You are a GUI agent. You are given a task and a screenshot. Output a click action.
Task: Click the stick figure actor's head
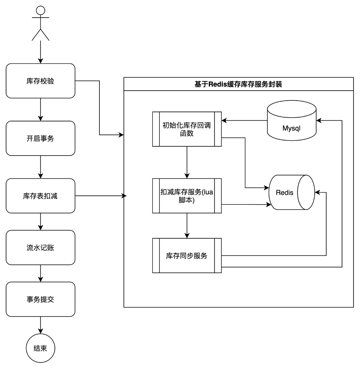(40, 10)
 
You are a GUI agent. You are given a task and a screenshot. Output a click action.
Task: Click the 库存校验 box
(40, 81)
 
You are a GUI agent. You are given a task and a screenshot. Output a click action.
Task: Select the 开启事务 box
(40, 138)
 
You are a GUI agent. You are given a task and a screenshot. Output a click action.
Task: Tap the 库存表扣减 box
(40, 196)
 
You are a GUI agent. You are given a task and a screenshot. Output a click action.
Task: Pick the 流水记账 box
(40, 247)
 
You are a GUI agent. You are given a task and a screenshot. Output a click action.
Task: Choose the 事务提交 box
(40, 299)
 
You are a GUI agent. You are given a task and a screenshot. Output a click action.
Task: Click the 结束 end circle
(40, 348)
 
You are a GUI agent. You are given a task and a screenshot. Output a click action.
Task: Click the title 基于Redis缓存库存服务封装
(239, 84)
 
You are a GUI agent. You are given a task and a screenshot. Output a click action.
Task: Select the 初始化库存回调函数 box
(187, 129)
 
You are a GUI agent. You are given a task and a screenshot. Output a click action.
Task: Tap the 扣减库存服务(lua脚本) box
(187, 196)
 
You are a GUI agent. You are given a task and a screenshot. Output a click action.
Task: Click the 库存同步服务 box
(187, 255)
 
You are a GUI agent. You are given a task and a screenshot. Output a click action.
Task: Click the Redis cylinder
(291, 192)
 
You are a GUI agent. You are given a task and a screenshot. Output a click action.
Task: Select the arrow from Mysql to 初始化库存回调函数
(245, 120)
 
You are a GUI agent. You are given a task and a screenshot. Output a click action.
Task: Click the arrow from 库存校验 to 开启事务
(40, 109)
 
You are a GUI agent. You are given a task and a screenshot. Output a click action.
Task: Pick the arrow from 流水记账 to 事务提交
(40, 273)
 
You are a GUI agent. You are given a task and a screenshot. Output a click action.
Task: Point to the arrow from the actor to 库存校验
(40, 52)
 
